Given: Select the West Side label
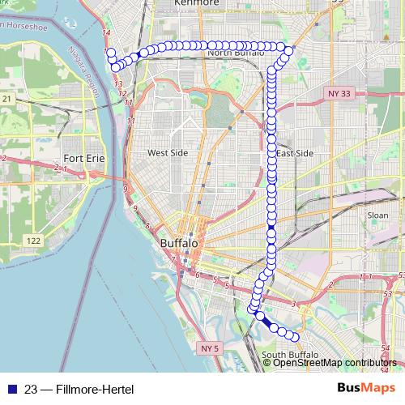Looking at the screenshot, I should click(167, 152).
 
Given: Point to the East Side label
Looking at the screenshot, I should click(294, 153).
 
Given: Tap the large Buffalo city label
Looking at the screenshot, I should click(181, 243).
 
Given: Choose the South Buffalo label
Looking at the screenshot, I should click(288, 355).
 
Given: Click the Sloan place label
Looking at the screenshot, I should click(377, 215).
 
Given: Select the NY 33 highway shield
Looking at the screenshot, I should click(339, 94).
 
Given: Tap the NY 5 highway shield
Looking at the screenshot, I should click(210, 347).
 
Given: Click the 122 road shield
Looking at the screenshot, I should click(33, 241).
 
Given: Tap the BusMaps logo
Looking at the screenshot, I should click(360, 387).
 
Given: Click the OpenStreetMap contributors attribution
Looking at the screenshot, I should click(335, 362).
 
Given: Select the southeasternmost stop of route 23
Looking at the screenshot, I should click(295, 337).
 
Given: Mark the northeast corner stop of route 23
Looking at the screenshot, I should click(288, 51).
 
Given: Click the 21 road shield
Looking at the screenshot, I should click(6, 98).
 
